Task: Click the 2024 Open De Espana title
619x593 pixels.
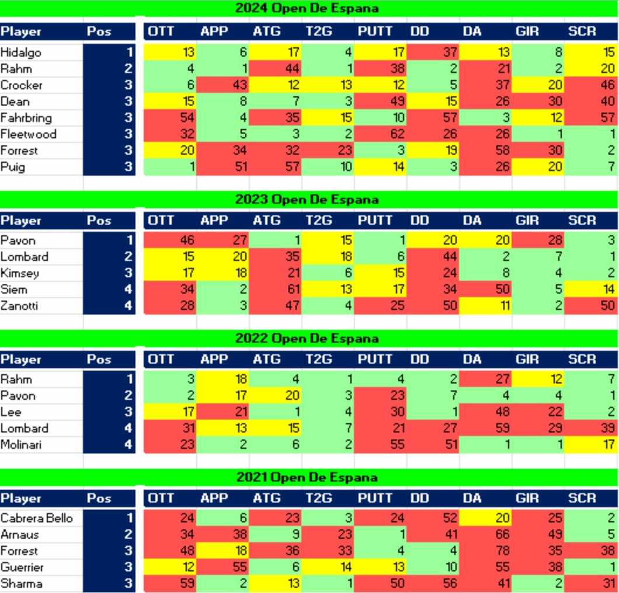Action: coord(307,8)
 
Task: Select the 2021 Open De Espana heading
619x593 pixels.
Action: coord(307,477)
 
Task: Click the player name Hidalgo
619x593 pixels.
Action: coord(20,53)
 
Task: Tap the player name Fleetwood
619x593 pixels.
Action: coord(28,134)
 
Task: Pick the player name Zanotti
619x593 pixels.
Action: coord(19,306)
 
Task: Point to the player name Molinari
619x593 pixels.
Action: coord(21,445)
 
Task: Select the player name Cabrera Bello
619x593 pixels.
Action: coord(36,518)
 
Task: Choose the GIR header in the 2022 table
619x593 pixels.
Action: coord(527,360)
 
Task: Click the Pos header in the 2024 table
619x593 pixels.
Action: coord(99,32)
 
